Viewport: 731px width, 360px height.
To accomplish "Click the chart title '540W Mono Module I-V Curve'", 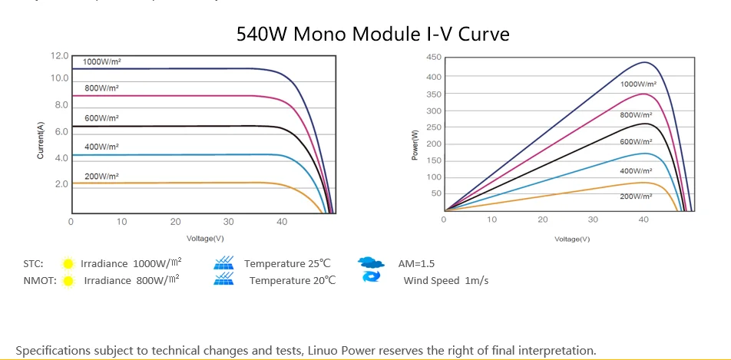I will pyautogui.click(x=372, y=35).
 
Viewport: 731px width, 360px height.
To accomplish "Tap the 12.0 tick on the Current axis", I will pyautogui.click(x=60, y=56).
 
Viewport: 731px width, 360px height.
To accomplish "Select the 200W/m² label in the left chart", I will pyautogui.click(x=101, y=176).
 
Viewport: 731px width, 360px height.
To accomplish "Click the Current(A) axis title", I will pyautogui.click(x=41, y=140).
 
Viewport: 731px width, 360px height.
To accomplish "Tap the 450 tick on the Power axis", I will pyautogui.click(x=433, y=58).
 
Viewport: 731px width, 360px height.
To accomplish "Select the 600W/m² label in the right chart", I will pyautogui.click(x=636, y=142).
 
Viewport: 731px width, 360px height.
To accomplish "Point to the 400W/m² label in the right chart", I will pyautogui.click(x=636, y=170).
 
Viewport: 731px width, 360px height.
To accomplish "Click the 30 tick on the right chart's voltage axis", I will pyautogui.click(x=593, y=220).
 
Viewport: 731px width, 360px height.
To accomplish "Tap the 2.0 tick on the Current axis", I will pyautogui.click(x=61, y=184).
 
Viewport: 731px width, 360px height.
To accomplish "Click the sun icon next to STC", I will pyautogui.click(x=68, y=264).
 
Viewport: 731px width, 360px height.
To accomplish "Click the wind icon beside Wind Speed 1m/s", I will pyautogui.click(x=372, y=279).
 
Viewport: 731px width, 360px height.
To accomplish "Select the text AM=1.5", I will pyautogui.click(x=416, y=263).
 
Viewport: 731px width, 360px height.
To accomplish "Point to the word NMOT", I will pyautogui.click(x=39, y=280).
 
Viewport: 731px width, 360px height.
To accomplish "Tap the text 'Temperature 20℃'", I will pyautogui.click(x=293, y=280).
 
